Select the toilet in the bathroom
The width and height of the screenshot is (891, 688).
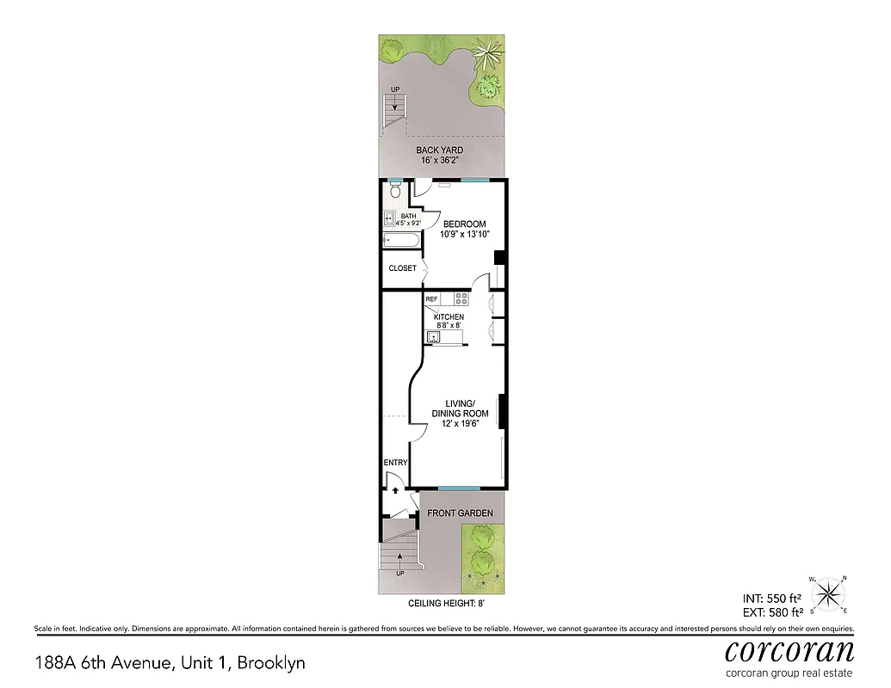coord(395,193)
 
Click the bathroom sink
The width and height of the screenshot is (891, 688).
coord(389,218)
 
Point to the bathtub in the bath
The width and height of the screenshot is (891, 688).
coord(401,240)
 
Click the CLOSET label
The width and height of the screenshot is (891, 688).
coord(402,268)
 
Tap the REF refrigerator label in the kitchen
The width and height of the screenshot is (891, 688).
coord(432,299)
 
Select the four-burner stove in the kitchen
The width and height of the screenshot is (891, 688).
coord(461,299)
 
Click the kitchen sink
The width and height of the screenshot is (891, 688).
coord(435,337)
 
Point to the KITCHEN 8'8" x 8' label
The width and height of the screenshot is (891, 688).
coord(449,322)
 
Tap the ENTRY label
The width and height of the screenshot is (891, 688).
coord(395,463)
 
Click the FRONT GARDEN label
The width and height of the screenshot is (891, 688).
coord(461,513)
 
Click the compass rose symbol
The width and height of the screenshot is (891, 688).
coord(829,593)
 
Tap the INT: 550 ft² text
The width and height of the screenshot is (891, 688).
coord(772,598)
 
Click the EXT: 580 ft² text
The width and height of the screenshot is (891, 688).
coord(772,612)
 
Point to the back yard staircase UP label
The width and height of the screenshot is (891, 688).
coord(394,89)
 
